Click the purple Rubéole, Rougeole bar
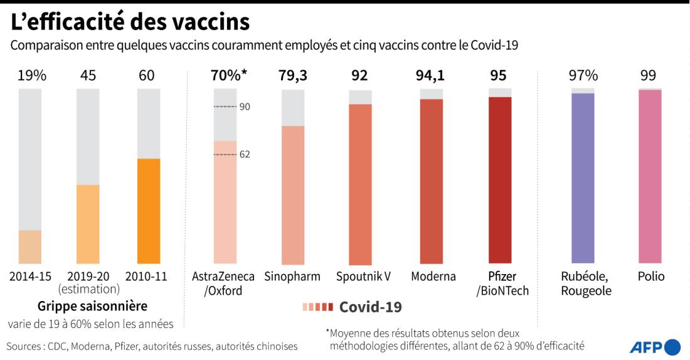[x=583, y=178]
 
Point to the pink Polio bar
[x=650, y=177]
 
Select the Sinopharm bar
[x=293, y=195]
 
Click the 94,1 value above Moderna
[x=431, y=76]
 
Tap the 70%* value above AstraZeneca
[x=229, y=76]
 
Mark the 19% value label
[x=31, y=76]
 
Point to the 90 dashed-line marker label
[x=245, y=107]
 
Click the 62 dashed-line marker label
[x=245, y=154]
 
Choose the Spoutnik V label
[x=363, y=277]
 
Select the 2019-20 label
[x=88, y=277]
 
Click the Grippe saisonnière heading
[x=92, y=307]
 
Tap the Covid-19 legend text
[x=370, y=307]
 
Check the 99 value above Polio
[x=649, y=76]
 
